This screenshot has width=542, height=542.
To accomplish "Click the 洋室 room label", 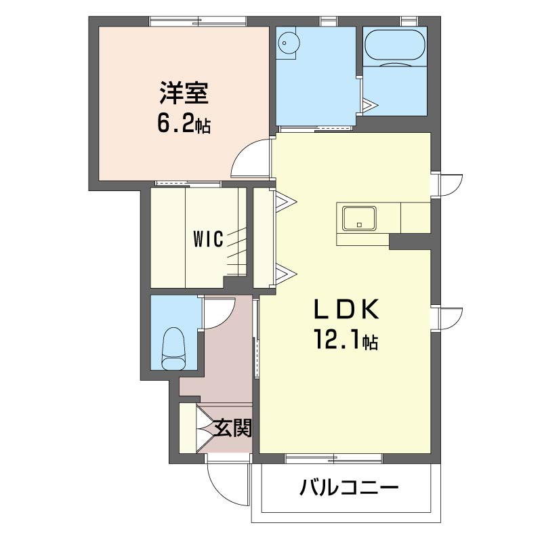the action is [184, 93].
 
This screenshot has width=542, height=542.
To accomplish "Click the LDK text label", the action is [346, 309].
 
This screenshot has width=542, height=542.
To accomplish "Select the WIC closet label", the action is [208, 239].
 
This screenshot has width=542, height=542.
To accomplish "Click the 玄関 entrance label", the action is [232, 428].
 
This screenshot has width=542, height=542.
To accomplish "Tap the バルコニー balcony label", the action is [349, 488].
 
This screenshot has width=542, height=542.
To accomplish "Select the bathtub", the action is [394, 45].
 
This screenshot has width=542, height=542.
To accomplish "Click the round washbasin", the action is [289, 43].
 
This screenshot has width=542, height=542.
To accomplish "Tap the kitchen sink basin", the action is [359, 219].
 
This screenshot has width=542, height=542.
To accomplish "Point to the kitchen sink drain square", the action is [360, 225].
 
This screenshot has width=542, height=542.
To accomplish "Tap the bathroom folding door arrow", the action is [371, 104].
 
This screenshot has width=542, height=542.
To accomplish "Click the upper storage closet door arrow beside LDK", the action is [286, 201].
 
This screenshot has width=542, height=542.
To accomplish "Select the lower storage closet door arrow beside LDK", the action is [286, 274].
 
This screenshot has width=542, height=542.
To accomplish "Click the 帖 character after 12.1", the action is [370, 342].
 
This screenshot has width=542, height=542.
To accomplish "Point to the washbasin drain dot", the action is [285, 43].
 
